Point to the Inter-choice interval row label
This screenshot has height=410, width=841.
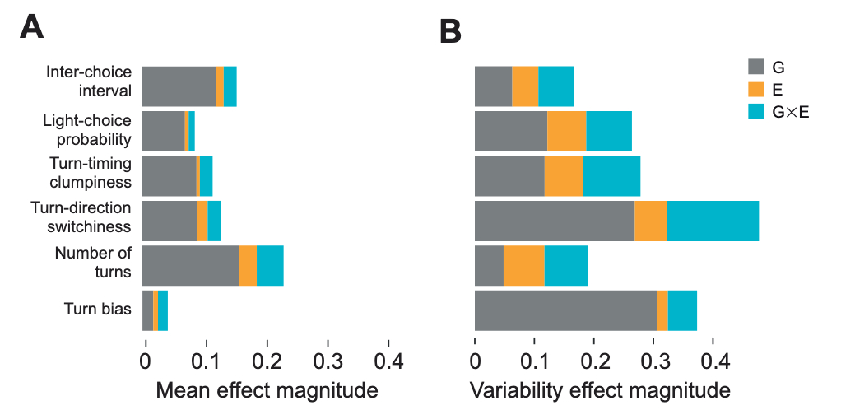[x=88, y=81]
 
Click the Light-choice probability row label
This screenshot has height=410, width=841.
[x=86, y=130]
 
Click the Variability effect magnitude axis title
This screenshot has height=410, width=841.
[x=600, y=389]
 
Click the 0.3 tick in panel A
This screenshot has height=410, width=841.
[x=328, y=361]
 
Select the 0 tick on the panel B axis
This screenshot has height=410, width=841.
[x=475, y=361]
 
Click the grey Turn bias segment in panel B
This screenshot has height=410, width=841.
[x=565, y=310]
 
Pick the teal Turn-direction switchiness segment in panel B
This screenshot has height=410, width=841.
[x=713, y=221]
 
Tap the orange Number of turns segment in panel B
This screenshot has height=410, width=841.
[x=523, y=265]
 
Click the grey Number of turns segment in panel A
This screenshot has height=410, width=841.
[x=190, y=265]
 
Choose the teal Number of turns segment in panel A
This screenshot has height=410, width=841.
[x=270, y=265]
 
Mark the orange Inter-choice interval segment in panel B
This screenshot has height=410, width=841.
[x=525, y=86]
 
